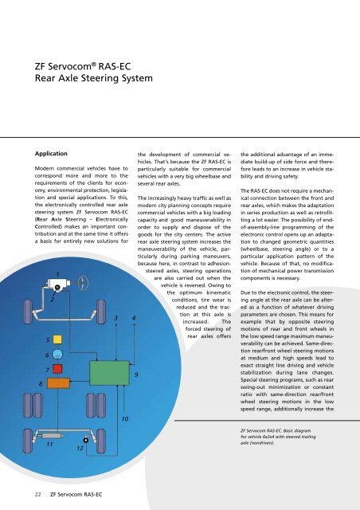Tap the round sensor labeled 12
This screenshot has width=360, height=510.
coord(85,438)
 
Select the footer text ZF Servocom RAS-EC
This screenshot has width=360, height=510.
coord(80,495)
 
